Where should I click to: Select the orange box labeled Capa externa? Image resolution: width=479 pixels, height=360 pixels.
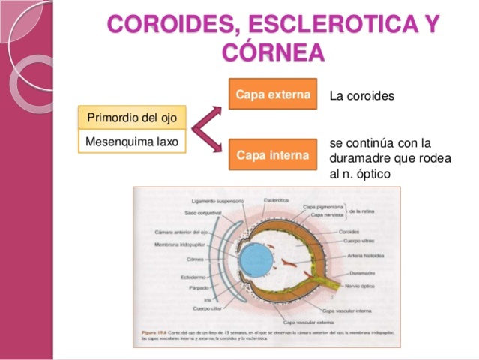pyautogui.click(x=273, y=94)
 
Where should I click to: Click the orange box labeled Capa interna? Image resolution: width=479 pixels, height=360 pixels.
pyautogui.click(x=273, y=155)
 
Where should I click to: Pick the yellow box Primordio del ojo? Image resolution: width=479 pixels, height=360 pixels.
pyautogui.click(x=131, y=118)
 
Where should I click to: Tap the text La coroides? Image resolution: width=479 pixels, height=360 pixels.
pyautogui.click(x=361, y=97)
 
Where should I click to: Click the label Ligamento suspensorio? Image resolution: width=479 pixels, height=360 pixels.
pyautogui.click(x=217, y=201)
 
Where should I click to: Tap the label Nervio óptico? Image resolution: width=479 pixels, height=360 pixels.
pyautogui.click(x=360, y=286)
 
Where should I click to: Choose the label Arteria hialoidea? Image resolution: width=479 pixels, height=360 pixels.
pyautogui.click(x=366, y=256)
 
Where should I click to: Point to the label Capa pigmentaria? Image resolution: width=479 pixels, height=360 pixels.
pyautogui.click(x=324, y=207)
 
